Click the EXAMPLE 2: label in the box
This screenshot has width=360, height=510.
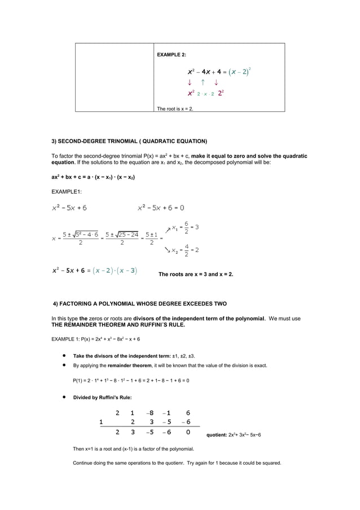point(172,55)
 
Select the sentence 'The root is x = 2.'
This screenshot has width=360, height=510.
point(175,108)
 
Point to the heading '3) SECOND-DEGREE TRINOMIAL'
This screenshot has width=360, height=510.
point(129,141)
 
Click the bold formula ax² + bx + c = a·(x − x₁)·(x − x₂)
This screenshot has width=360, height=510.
point(93,177)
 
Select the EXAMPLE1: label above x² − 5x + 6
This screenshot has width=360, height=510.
point(66,192)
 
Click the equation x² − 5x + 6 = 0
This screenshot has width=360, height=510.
point(161,208)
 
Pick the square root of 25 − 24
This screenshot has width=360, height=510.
point(126,234)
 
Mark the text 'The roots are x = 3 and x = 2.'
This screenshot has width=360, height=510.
point(196,274)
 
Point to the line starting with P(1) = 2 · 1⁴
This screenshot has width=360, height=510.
point(131,380)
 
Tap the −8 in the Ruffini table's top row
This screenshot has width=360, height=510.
point(150,412)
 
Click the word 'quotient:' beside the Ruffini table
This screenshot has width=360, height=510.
point(217,435)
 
